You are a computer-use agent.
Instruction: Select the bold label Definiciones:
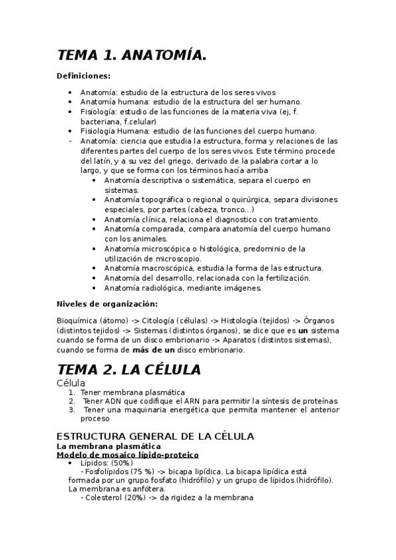[84, 76]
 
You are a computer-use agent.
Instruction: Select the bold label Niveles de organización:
[107, 304]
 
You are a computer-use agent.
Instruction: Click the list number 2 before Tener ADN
[71, 401]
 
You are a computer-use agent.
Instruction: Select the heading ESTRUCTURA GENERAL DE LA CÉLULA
[155, 437]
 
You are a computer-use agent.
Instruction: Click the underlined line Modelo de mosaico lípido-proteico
[128, 455]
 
